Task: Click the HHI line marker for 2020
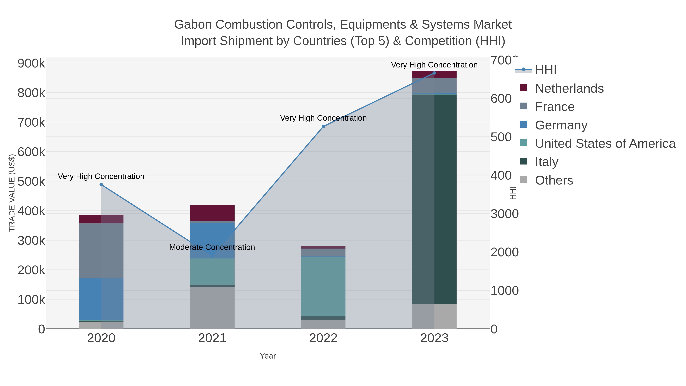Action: tap(101, 185)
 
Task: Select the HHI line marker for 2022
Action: tap(323, 127)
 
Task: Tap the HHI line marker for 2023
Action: tap(434, 73)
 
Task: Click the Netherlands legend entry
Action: tap(569, 88)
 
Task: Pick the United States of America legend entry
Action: tap(605, 144)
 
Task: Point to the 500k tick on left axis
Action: tap(31, 182)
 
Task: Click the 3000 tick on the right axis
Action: tap(504, 214)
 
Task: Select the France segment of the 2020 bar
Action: tap(101, 251)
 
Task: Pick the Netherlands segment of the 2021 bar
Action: tap(212, 213)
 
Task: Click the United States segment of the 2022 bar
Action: tap(323, 286)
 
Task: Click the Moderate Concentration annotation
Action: tap(212, 247)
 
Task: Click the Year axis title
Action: tap(268, 356)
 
